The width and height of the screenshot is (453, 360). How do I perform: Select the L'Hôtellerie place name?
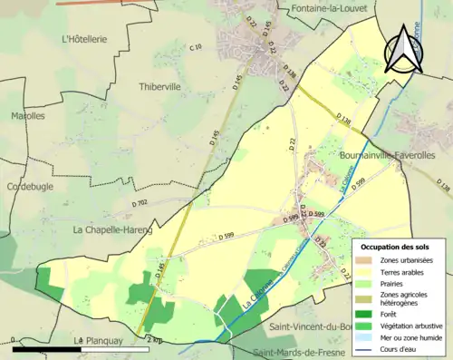[84, 40]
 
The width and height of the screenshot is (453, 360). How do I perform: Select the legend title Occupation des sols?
[397, 247]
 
